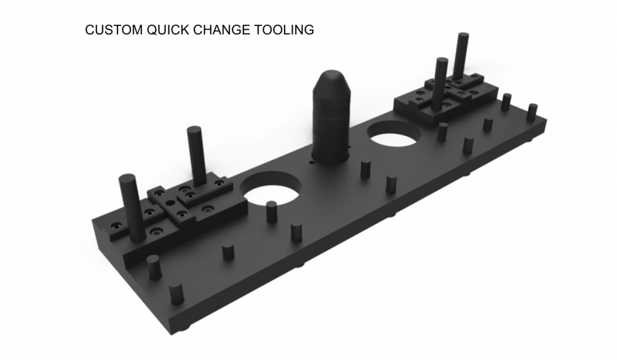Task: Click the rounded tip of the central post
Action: click(329, 79)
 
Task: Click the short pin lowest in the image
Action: click(176, 293)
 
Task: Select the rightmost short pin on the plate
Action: click(531, 112)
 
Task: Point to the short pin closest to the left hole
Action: click(272, 212)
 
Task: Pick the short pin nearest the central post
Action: click(365, 169)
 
